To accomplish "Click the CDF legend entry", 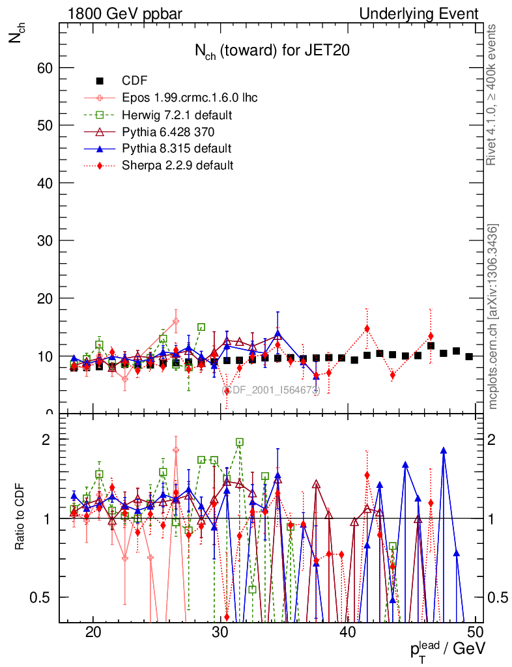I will [x=134, y=81].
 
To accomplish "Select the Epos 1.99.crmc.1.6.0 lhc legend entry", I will [x=190, y=98].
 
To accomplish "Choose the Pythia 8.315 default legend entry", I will [x=177, y=149].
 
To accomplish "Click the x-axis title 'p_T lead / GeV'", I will [x=447, y=649].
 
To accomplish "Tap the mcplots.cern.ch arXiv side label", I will [x=493, y=317].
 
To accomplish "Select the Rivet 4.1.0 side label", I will [x=493, y=94].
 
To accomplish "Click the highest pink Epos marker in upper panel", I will [x=176, y=321].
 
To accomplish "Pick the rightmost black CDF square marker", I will [x=469, y=356].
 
